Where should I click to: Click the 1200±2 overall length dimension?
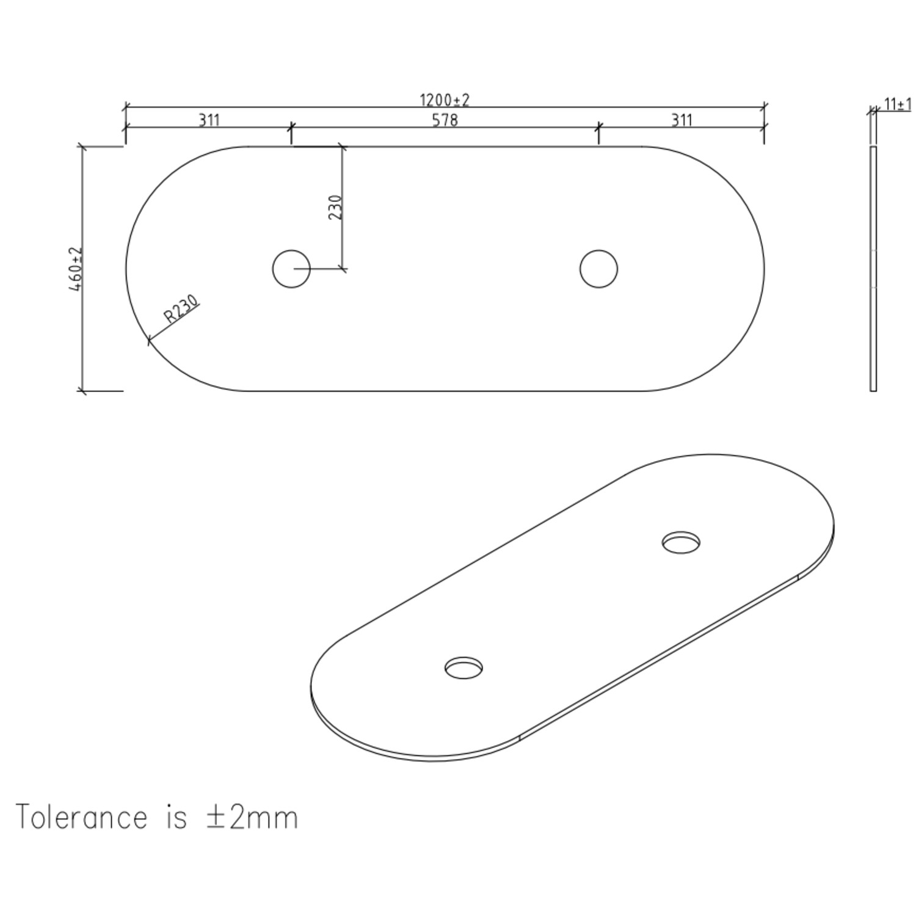445,100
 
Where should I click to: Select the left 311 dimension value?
209,120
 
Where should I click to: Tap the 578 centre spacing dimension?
445,120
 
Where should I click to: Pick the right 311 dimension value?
682,120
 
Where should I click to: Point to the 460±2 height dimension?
75,269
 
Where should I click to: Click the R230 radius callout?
181,309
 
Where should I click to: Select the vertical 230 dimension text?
335,207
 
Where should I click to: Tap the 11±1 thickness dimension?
898,104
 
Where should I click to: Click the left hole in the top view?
291,269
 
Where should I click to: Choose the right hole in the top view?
598,269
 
